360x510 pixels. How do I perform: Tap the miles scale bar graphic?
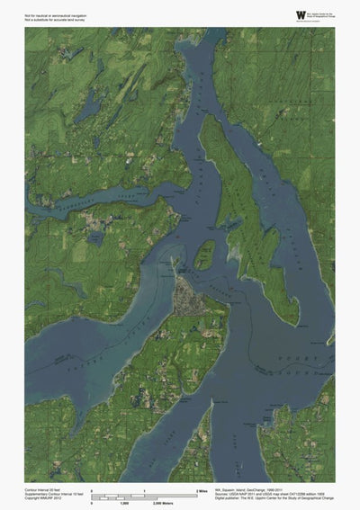click(x=144, y=494)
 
